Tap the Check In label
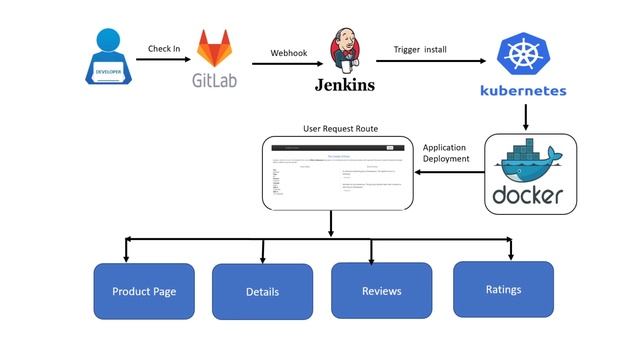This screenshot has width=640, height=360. click(x=164, y=48)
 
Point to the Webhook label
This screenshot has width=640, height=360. click(x=287, y=53)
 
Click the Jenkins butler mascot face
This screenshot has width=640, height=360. click(x=341, y=48)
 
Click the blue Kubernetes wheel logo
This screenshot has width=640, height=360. click(x=522, y=56)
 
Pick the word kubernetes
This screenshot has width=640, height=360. click(x=523, y=91)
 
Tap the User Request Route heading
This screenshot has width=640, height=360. click(x=340, y=129)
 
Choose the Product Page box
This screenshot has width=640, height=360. click(x=144, y=291)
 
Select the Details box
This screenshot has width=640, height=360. click(x=262, y=292)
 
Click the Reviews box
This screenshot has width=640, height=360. click(x=381, y=291)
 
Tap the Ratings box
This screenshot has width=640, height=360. click(x=503, y=289)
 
